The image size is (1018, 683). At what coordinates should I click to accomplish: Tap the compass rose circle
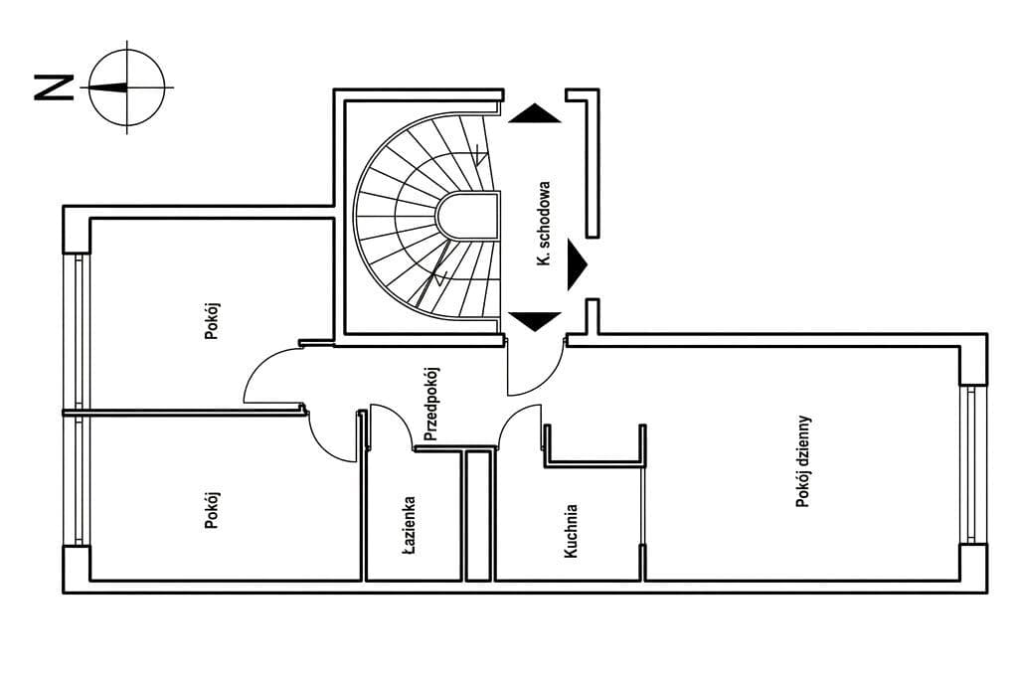(x=127, y=86)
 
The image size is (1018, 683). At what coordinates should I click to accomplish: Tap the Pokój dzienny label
(x=803, y=461)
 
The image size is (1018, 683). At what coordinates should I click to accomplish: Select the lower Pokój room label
(x=211, y=509)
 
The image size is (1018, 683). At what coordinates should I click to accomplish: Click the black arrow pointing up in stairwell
(x=535, y=113)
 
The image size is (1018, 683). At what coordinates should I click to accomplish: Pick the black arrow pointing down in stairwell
(x=535, y=321)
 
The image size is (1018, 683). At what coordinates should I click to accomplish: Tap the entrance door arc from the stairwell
(x=537, y=373)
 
